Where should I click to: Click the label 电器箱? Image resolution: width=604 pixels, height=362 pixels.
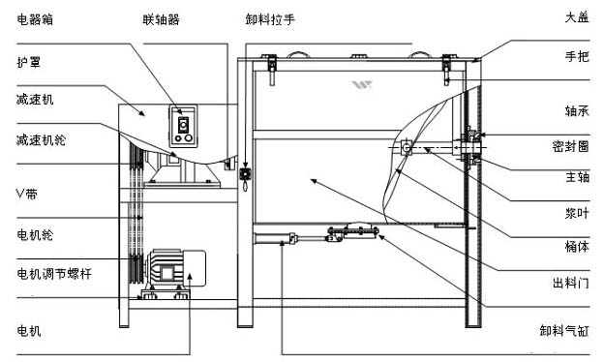click(x=35, y=19)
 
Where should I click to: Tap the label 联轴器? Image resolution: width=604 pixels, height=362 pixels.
click(x=161, y=19)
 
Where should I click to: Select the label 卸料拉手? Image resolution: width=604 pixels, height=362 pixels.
click(x=270, y=19)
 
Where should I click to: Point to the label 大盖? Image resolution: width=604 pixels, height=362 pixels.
click(x=577, y=17)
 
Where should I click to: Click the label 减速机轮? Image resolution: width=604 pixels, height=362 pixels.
click(x=41, y=139)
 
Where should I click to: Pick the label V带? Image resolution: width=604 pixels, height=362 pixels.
click(x=26, y=194)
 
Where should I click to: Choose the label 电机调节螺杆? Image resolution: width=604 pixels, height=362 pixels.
click(x=54, y=274)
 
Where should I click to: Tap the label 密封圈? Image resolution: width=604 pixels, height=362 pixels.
click(x=570, y=146)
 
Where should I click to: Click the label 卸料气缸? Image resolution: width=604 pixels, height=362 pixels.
click(x=564, y=330)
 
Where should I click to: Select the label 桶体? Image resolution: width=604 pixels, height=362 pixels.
click(x=577, y=246)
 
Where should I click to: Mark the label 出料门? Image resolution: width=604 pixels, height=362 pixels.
click(x=570, y=283)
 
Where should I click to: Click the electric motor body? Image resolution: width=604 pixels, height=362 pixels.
click(x=175, y=268)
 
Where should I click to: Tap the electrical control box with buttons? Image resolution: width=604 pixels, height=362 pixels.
click(x=183, y=126)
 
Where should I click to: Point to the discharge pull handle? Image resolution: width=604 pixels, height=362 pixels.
click(x=244, y=179)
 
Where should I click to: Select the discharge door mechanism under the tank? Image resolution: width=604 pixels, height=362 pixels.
click(x=352, y=232)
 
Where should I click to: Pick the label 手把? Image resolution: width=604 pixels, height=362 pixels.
click(x=577, y=56)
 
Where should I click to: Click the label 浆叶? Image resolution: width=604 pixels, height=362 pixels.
click(x=577, y=213)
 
